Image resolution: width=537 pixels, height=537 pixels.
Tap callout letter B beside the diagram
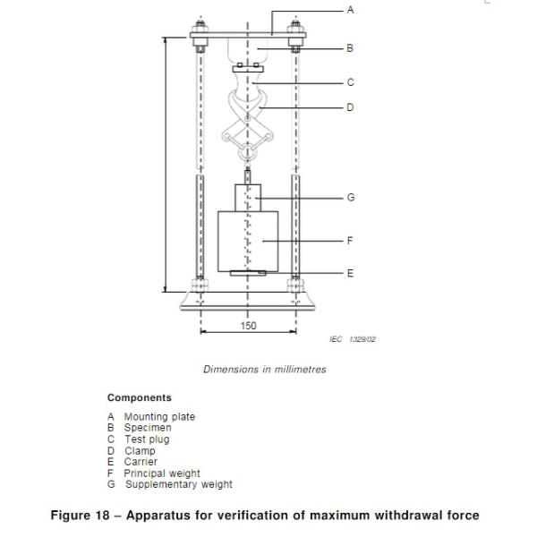350,47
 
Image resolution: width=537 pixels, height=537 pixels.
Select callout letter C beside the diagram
350,82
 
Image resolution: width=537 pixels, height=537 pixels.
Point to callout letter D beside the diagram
350,107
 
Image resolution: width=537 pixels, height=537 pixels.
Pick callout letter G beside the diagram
350,197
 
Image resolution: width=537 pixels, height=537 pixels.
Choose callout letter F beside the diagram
350,241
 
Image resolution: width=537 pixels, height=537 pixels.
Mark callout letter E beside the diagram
350,273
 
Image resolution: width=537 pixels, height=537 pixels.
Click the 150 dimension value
248,326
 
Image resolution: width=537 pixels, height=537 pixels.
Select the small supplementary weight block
247,197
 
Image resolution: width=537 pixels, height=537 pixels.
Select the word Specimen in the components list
147,428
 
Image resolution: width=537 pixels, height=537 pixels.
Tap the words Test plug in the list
146,439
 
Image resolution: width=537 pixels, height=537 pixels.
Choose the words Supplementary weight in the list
178,484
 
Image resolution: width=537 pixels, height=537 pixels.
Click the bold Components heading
140,397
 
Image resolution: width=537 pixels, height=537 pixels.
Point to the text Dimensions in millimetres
265,369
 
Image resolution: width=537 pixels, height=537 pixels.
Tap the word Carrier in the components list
140,462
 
